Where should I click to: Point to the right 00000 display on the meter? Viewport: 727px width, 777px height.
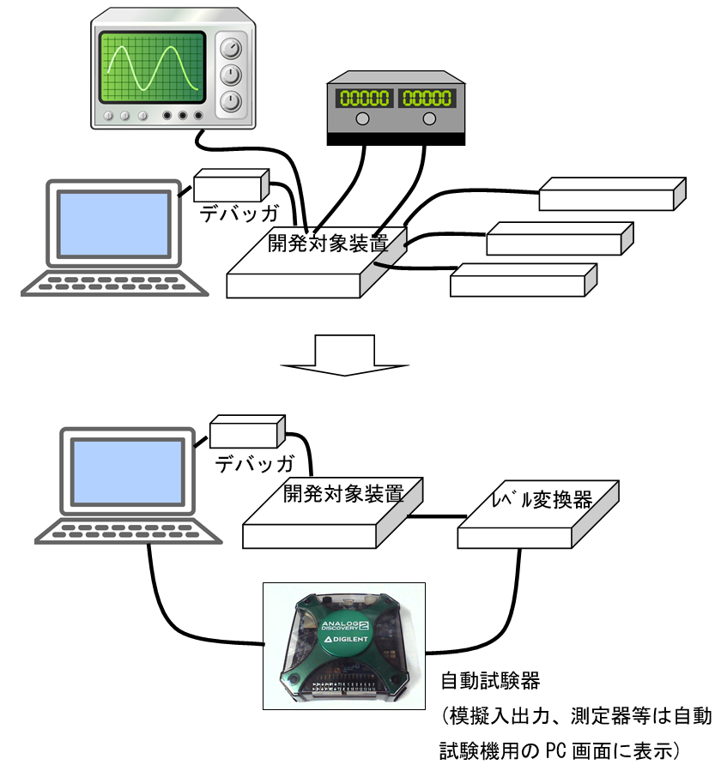[x=426, y=98]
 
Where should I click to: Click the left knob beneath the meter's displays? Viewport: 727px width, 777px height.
[x=363, y=119]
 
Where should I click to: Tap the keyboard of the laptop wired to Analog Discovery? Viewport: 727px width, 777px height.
[x=129, y=532]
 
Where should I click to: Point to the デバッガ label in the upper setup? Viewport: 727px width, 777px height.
[x=229, y=212]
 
